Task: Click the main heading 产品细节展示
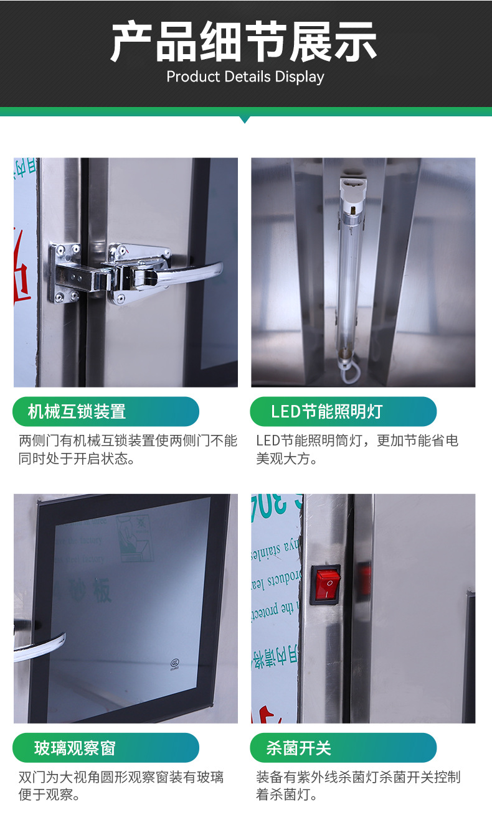tap(244, 42)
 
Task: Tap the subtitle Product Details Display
tap(245, 77)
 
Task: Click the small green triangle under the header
tap(245, 119)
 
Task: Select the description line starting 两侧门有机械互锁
tap(128, 441)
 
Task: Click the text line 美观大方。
tap(287, 460)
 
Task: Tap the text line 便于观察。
tap(50, 795)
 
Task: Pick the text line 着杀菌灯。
tap(287, 795)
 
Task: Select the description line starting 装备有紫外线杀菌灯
tap(358, 777)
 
